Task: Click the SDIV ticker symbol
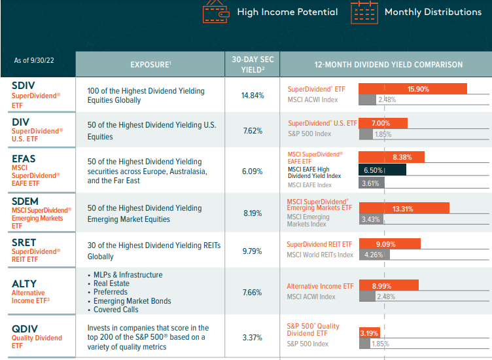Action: pos(23,85)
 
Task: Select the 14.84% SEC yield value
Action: pos(253,95)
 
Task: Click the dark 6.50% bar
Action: pos(382,170)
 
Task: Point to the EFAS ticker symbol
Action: pos(25,158)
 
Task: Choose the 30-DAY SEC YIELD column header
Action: pos(253,64)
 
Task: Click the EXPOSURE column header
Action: pos(150,65)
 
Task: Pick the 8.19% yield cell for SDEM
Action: pos(253,213)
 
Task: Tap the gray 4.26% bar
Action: pos(372,255)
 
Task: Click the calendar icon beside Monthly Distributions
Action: pos(364,11)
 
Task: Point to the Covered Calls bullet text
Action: pos(116,310)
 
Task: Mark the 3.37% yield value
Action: pos(253,338)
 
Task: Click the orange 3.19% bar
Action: pos(368,333)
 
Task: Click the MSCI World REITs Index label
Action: pos(319,255)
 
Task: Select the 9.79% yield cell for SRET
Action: pos(253,251)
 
